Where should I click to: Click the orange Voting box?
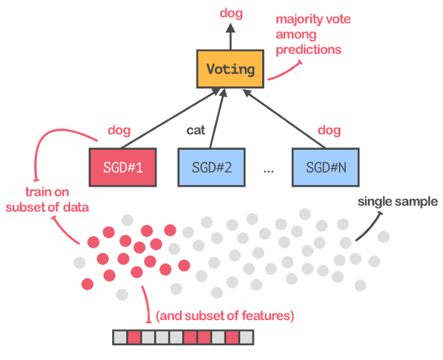(230, 71)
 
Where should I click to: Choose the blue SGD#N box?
(323, 166)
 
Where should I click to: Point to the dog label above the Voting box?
(230, 13)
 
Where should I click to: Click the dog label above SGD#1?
(119, 131)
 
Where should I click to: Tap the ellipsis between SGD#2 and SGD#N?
(267, 170)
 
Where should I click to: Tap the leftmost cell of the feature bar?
(120, 338)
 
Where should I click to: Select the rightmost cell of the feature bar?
(246, 338)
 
